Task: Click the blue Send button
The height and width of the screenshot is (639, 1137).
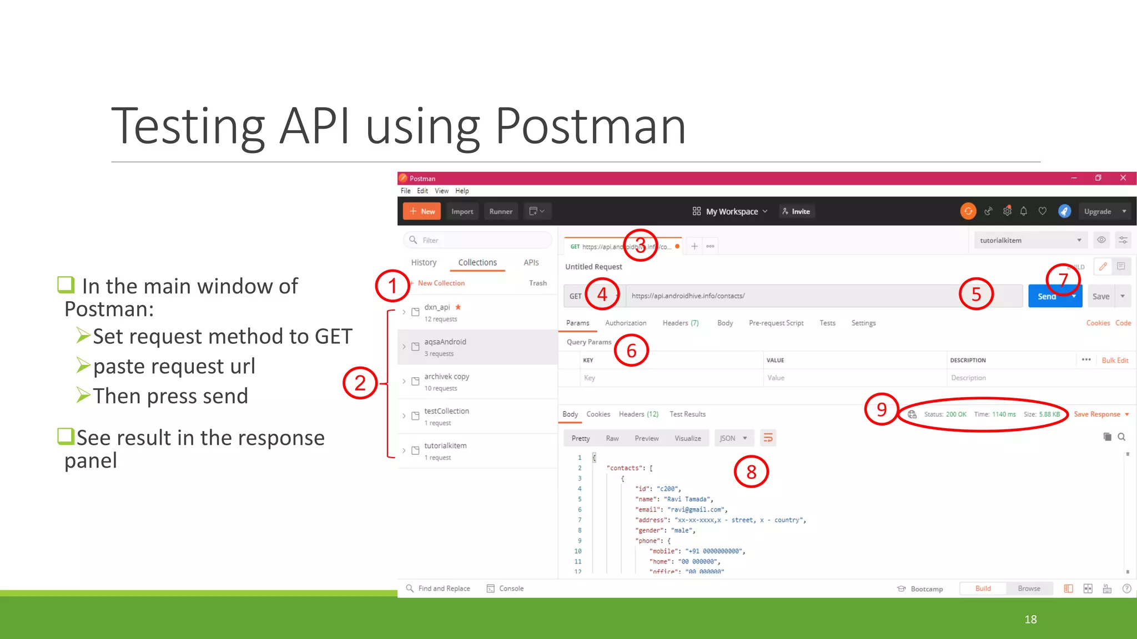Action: [1047, 296]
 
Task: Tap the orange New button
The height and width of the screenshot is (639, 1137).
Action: [422, 211]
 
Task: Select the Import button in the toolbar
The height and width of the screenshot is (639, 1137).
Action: [462, 211]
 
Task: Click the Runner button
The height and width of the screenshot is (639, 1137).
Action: [501, 211]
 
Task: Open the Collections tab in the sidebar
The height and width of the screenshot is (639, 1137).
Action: [477, 262]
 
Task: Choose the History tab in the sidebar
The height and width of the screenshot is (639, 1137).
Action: [424, 262]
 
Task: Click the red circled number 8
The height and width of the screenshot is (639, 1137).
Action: [751, 472]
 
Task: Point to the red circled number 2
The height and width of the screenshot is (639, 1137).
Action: [360, 383]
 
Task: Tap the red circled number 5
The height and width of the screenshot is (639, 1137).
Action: [976, 294]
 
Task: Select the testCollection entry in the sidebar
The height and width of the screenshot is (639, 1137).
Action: [446, 411]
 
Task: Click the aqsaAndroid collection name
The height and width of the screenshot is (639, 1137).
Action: [445, 342]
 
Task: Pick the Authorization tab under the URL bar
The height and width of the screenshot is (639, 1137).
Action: [626, 323]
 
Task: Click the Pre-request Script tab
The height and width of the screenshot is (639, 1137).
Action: [776, 323]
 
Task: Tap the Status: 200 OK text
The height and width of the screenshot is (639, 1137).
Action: [945, 414]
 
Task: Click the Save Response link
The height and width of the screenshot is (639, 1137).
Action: [1097, 414]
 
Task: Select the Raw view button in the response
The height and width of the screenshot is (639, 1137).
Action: [612, 438]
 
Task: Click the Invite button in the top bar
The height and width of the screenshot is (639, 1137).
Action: [797, 211]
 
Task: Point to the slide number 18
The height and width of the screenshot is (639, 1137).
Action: [1030, 620]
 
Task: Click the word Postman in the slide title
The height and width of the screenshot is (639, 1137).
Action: [590, 126]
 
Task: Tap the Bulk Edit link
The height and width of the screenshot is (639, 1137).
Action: [1115, 361]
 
